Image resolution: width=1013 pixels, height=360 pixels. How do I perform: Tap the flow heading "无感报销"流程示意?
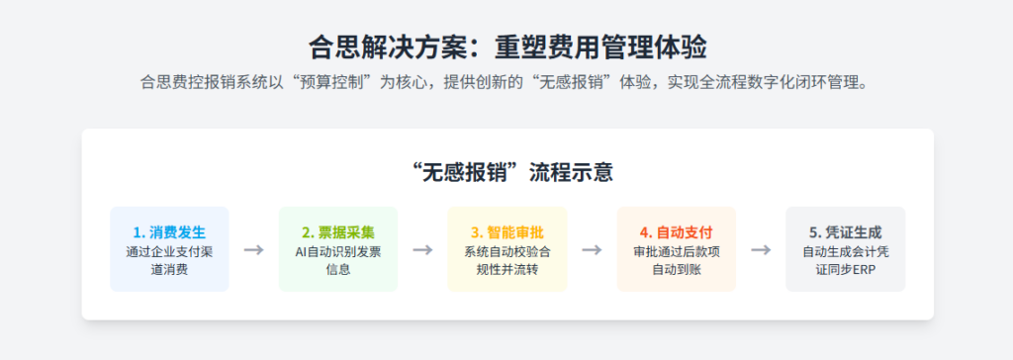(506, 172)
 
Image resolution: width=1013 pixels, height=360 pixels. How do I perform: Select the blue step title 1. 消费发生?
(169, 233)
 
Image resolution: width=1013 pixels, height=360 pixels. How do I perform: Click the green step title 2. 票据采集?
(338, 233)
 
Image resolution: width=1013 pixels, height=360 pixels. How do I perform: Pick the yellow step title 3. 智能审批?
(507, 233)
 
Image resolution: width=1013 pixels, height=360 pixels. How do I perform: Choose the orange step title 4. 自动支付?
(677, 233)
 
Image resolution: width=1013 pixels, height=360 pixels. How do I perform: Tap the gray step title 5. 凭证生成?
(845, 233)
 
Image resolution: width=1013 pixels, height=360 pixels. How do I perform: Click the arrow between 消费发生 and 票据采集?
(253, 249)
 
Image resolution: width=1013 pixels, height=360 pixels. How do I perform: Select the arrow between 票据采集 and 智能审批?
(422, 249)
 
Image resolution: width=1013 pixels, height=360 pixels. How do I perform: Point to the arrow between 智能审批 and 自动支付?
(592, 249)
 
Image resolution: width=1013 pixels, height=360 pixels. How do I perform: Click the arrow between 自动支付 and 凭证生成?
(761, 249)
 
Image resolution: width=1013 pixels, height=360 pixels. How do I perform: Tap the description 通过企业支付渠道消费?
(169, 260)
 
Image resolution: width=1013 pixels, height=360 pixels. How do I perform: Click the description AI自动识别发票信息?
(338, 260)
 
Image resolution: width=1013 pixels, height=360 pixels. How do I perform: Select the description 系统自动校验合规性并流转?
(507, 260)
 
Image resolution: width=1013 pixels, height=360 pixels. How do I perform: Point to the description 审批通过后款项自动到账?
(677, 260)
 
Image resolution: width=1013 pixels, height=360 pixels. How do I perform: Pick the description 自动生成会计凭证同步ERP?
(845, 260)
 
